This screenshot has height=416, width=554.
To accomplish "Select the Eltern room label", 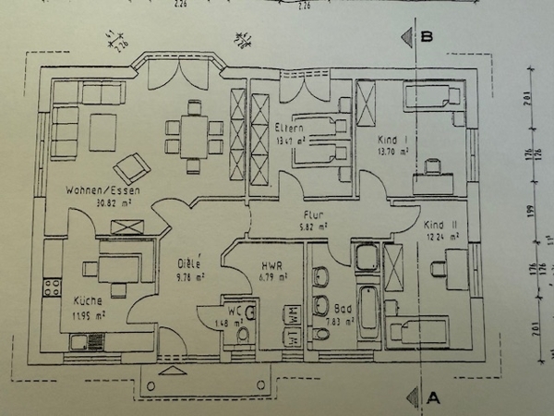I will (x=290, y=128).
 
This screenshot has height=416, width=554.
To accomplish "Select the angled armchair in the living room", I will (x=131, y=167).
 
